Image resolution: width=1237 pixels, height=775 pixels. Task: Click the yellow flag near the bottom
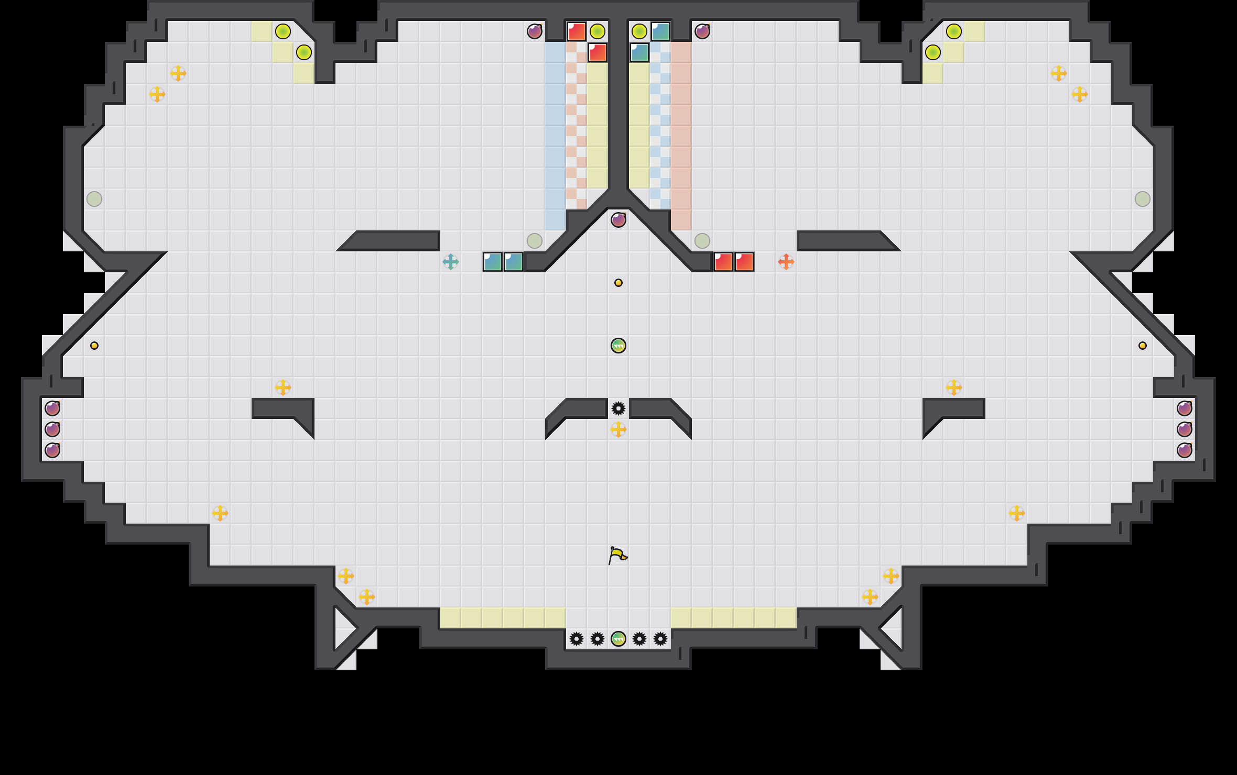coord(617,555)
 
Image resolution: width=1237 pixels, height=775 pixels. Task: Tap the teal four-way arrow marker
coord(451,262)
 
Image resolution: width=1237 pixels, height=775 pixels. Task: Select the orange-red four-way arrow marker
coord(786,262)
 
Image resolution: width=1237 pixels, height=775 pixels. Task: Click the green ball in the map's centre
coord(618,346)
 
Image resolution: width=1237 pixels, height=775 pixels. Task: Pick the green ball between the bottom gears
coord(618,639)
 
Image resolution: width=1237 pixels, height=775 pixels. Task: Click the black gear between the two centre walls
coord(618,408)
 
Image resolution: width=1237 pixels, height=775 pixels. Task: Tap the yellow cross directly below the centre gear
coord(618,429)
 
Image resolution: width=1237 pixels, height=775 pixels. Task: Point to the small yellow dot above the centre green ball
coord(618,283)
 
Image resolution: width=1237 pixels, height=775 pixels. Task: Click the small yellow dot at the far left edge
coord(94,346)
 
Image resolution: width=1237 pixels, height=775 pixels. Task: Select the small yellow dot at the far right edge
coord(1143,346)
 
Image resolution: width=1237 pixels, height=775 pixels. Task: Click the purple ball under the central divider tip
coord(618,220)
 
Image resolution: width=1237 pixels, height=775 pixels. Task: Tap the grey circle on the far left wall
coord(94,199)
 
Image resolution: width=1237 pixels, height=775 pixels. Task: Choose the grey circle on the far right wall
coord(1143,199)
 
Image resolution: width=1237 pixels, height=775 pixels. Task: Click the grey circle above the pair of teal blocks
coord(535,241)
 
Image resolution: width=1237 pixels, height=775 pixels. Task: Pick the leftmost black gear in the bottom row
coord(577,639)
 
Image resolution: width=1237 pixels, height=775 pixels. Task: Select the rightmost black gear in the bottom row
coord(660,639)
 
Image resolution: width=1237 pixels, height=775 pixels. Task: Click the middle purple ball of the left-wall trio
coord(52,429)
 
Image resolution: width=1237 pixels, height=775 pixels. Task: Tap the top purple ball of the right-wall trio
coord(1185,408)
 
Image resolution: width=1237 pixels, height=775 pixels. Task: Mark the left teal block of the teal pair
coord(493,262)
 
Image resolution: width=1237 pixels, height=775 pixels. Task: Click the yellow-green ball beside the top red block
coord(598,31)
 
